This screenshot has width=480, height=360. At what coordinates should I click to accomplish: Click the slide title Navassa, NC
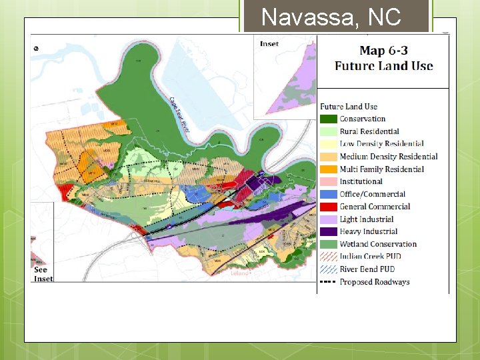tap(331, 17)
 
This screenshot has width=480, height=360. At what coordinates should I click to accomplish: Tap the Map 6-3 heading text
tap(383, 58)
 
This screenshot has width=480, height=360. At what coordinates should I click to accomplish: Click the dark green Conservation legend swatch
tap(329, 119)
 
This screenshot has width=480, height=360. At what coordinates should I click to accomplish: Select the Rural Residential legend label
tap(369, 131)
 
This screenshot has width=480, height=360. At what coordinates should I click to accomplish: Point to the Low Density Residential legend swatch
tap(329, 144)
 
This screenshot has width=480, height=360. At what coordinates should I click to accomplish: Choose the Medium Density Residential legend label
tap(388, 157)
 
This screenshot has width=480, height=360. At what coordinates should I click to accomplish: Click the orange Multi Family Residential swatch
tap(329, 169)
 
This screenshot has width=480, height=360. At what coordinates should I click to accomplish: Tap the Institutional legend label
tap(361, 181)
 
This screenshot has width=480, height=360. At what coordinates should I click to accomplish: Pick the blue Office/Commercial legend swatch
tap(329, 194)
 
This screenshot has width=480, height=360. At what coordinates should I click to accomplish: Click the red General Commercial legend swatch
tap(329, 207)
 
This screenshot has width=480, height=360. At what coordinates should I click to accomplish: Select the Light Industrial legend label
tap(367, 219)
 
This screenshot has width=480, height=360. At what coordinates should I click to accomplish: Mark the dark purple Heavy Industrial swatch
tap(329, 231)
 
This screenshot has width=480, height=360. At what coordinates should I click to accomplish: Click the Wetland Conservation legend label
tap(378, 244)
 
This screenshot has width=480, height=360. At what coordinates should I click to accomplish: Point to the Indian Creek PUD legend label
tap(371, 257)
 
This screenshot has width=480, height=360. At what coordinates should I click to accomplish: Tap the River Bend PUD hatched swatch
tap(329, 269)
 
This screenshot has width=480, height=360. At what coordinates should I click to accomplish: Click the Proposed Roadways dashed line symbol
tap(329, 282)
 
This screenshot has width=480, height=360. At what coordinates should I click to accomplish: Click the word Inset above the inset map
tap(269, 44)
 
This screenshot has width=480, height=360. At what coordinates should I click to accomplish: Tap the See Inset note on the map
tap(42, 274)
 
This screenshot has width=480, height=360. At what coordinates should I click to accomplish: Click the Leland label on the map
tap(239, 273)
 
